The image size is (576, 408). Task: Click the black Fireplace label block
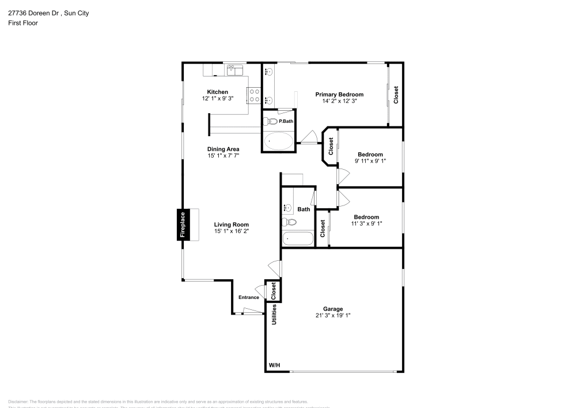(x=183, y=224)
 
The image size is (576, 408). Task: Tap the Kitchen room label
(x=217, y=92)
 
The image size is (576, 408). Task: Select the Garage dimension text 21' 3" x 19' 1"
(x=333, y=315)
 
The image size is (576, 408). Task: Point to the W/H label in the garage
(x=275, y=366)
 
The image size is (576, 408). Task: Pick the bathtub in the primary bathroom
(x=278, y=141)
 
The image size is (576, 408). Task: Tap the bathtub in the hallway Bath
(x=298, y=239)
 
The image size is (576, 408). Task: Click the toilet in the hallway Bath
(x=290, y=222)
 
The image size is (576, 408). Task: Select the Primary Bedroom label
(x=339, y=94)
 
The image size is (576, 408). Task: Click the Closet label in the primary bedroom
(x=396, y=95)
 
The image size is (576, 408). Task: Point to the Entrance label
(x=249, y=297)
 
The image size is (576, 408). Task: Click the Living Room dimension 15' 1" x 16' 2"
(x=231, y=231)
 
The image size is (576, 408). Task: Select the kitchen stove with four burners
(x=254, y=95)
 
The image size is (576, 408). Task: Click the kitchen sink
(x=234, y=69)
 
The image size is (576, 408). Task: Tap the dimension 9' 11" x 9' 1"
(x=370, y=161)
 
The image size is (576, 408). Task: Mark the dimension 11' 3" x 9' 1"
(x=366, y=223)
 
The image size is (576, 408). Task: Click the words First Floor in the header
(x=22, y=23)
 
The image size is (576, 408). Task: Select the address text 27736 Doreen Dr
(x=33, y=12)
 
